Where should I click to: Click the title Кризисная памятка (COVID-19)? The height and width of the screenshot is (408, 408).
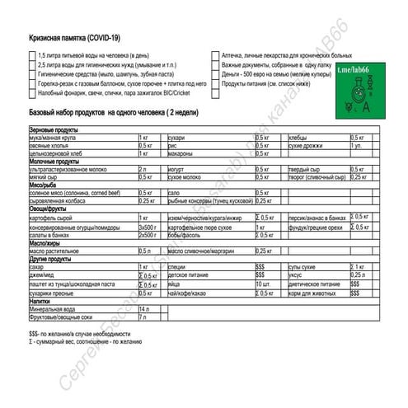tap(74, 38)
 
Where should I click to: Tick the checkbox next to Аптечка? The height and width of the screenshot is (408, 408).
tap(214, 54)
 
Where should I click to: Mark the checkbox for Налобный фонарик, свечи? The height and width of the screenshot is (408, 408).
tap(32, 92)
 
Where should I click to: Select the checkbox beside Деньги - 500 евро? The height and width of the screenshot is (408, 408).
tap(214, 73)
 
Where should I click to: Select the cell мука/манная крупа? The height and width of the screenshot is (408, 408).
tap(58, 138)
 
